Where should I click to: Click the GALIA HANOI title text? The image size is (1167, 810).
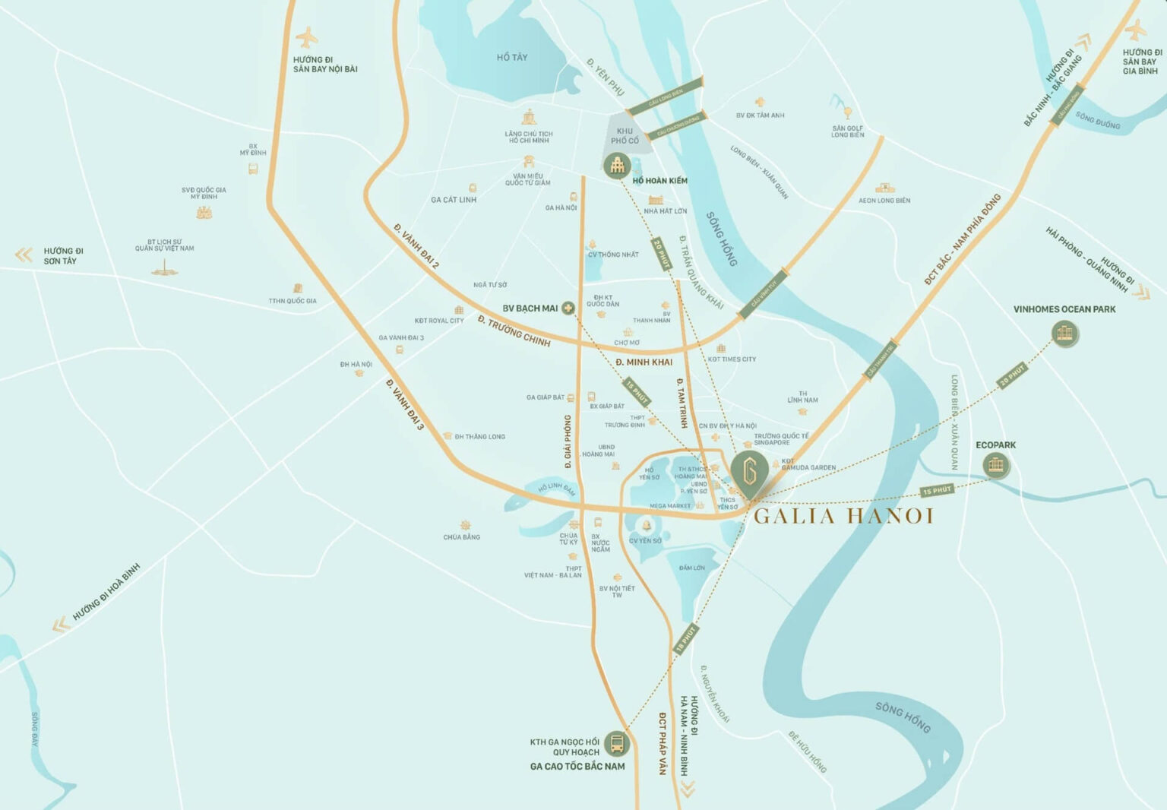(843, 517)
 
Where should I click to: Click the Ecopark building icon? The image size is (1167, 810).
(996, 465)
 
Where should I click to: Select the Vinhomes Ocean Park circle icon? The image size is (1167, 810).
(1065, 334)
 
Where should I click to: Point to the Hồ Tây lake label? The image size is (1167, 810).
(511, 57)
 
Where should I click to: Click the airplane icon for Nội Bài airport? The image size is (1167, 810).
(307, 36)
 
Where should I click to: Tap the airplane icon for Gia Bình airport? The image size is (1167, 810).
(1135, 30)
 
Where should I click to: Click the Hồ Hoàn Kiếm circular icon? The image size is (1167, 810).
(617, 165)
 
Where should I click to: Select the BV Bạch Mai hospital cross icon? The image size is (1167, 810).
(568, 308)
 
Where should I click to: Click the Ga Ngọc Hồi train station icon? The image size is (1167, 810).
(617, 743)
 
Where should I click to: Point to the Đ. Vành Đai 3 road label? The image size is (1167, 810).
(404, 404)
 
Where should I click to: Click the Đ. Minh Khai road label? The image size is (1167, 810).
(644, 362)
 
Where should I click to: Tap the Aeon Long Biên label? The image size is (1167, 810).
(884, 201)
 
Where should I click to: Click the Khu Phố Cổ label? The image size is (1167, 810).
(625, 136)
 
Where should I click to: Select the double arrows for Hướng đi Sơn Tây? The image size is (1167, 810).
(24, 255)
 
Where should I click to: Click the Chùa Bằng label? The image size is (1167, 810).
(461, 537)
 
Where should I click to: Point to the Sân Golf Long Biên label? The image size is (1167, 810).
(847, 131)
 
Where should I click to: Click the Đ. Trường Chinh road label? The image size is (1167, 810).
(514, 331)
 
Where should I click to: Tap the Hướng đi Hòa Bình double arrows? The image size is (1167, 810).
(61, 625)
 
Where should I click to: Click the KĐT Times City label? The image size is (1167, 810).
(732, 359)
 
